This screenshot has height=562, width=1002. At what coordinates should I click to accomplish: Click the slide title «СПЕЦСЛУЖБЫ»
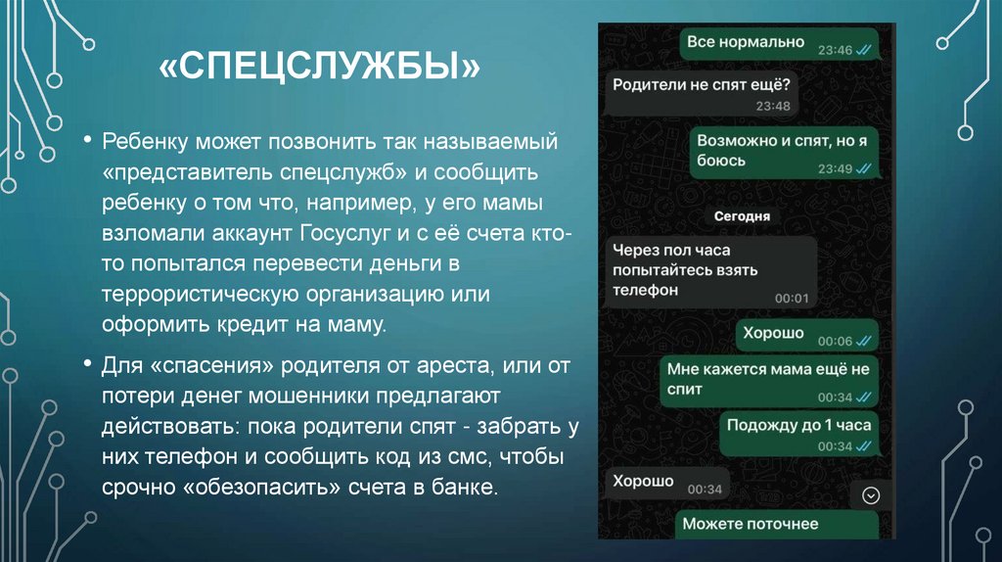pos(318,70)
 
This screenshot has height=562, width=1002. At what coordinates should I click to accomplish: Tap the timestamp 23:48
pos(772,106)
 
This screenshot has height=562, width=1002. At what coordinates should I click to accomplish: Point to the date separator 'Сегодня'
pos(742,216)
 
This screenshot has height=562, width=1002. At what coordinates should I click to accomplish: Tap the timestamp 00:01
pos(791,298)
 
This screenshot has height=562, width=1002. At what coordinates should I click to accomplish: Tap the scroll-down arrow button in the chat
pos(870,496)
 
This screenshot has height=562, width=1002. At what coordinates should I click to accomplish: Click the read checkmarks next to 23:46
pos(863,50)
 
